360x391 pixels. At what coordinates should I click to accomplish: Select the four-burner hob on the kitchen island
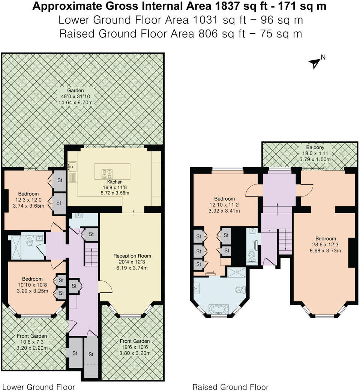pos(106,174)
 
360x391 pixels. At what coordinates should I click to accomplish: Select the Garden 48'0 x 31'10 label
pos(75,90)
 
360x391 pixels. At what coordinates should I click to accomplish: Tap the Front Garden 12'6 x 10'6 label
pos(135,341)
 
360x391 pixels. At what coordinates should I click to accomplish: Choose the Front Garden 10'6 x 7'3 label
pos(32,336)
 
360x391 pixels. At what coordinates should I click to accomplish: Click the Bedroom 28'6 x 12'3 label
pos(325,239)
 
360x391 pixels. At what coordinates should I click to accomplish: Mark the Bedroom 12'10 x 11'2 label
pos(225,199)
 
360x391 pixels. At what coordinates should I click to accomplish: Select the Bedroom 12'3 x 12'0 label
pos(28,194)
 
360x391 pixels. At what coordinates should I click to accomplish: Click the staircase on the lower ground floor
pos(91,254)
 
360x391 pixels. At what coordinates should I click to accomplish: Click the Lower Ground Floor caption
pos(39,387)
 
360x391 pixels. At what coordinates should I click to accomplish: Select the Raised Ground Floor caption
pos(230,387)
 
